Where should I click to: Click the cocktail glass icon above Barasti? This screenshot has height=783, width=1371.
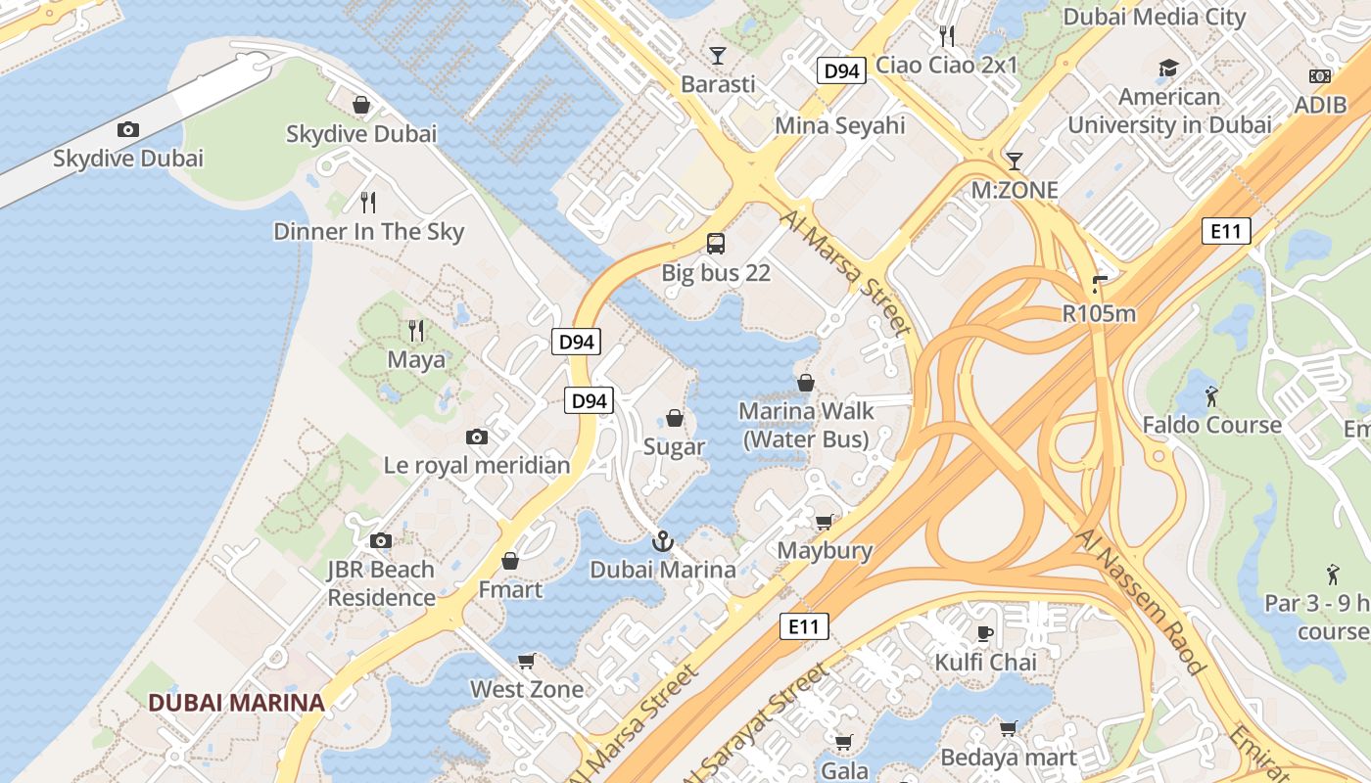tap(718, 55)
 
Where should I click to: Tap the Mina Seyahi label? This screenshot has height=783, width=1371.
tap(839, 125)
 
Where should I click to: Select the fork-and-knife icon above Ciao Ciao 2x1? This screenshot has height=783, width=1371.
tap(946, 36)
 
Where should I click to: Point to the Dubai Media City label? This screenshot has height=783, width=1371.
tap(1154, 17)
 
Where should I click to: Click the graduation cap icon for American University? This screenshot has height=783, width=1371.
tap(1168, 68)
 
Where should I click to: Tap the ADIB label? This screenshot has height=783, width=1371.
tap(1320, 105)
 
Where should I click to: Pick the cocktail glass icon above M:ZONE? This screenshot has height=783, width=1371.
tap(1014, 161)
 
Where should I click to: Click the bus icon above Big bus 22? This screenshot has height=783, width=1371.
tap(716, 244)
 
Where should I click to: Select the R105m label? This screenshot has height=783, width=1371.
tap(1099, 313)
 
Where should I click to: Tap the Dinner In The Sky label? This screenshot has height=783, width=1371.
tap(368, 232)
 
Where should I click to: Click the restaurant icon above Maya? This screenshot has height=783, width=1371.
tap(416, 330)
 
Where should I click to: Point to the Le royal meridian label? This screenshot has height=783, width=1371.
tap(477, 465)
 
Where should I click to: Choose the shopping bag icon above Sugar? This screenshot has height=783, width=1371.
tap(675, 418)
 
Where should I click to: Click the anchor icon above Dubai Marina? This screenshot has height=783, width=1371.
tap(663, 540)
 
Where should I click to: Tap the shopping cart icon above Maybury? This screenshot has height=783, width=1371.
tap(825, 522)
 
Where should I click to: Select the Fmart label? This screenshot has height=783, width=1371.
tap(509, 590)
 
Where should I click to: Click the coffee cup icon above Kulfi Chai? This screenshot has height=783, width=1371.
tap(985, 633)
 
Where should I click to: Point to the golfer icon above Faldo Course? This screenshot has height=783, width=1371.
tap(1211, 395)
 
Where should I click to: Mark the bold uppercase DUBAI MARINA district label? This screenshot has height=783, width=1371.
tap(236, 702)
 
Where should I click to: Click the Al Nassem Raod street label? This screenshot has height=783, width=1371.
tap(1140, 602)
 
